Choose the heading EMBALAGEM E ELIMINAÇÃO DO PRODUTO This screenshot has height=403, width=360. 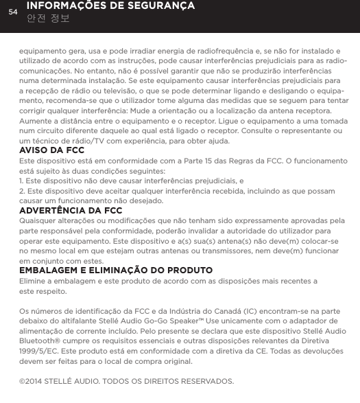[x=116, y=270]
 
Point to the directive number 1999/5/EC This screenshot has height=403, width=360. [x=42, y=351]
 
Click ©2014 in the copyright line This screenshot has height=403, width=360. [x=36, y=381]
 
